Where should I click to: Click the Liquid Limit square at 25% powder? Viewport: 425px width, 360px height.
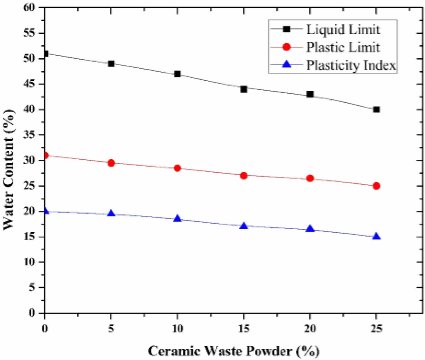point(376,109)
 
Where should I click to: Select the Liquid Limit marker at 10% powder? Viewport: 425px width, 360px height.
point(177,74)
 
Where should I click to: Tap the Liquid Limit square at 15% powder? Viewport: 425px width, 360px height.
point(244,89)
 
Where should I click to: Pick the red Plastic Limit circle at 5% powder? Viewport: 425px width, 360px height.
point(111,163)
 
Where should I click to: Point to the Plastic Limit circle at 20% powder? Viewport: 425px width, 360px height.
point(310,178)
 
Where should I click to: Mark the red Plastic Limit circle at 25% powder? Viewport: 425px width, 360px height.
point(376,186)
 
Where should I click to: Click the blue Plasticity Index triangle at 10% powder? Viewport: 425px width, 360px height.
point(177,218)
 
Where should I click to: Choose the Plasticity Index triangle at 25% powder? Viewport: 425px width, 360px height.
point(376,237)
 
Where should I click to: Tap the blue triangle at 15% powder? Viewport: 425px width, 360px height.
point(244,226)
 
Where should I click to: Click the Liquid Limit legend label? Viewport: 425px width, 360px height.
point(343,29)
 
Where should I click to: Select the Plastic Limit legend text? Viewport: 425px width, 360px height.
point(343,48)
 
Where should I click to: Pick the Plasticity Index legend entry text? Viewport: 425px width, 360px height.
point(351,65)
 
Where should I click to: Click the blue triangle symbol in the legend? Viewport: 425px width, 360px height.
point(287,65)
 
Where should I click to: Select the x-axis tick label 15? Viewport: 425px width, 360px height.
point(244,329)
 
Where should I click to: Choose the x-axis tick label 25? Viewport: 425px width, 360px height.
point(376,329)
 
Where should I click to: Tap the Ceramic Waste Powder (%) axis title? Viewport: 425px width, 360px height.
point(234,351)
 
